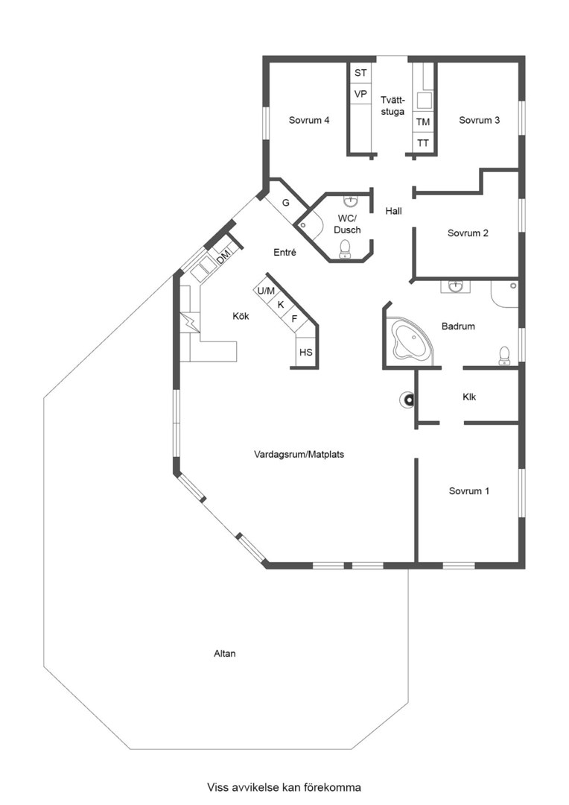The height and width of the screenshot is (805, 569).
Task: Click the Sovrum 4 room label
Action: [x=309, y=120]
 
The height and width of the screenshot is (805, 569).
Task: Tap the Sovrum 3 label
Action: [x=479, y=120]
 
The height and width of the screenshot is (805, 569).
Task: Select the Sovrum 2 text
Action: [x=468, y=233]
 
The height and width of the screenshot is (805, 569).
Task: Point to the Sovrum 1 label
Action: [x=469, y=491]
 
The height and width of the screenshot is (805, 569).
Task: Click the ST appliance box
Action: [x=360, y=73]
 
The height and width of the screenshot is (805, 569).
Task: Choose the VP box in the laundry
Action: [x=360, y=94]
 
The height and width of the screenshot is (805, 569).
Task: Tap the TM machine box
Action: [x=423, y=121]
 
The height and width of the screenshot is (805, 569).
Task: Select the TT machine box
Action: [x=423, y=142]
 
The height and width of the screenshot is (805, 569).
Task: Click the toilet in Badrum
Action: [x=504, y=356]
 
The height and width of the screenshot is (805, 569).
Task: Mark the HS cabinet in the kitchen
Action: [x=305, y=353]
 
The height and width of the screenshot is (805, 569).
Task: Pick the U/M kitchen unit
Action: [x=266, y=291]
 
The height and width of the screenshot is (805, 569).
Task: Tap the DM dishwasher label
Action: [x=223, y=257]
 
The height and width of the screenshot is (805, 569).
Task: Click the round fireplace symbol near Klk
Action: [x=407, y=400]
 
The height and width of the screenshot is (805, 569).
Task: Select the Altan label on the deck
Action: [x=224, y=654]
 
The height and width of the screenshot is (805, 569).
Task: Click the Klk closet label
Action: [x=469, y=397]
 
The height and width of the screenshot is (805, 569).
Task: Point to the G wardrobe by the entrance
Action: [x=285, y=203]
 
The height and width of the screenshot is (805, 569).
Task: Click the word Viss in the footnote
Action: [x=218, y=786]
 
